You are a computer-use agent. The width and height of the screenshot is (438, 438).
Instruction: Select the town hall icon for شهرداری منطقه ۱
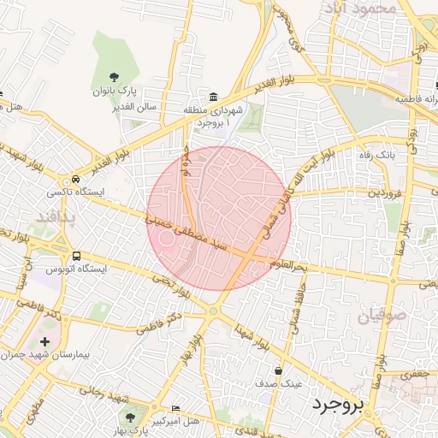coord(213,96)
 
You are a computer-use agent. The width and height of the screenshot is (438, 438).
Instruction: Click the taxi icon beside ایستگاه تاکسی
coord(77,180)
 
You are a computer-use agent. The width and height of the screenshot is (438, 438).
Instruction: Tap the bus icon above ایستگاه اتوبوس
coord(77,255)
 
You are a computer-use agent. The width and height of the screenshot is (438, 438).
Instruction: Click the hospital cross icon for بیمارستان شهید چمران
coord(44,341)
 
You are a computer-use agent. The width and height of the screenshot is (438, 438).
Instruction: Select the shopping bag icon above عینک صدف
coord(280,370)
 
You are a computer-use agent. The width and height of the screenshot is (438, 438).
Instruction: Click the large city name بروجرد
coord(338,401)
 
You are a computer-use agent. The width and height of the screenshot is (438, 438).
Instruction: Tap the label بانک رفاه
coord(375,155)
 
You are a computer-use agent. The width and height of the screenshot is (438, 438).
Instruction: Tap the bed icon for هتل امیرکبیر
coord(176,409)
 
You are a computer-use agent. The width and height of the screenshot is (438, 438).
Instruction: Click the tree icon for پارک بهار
coord(130,417)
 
